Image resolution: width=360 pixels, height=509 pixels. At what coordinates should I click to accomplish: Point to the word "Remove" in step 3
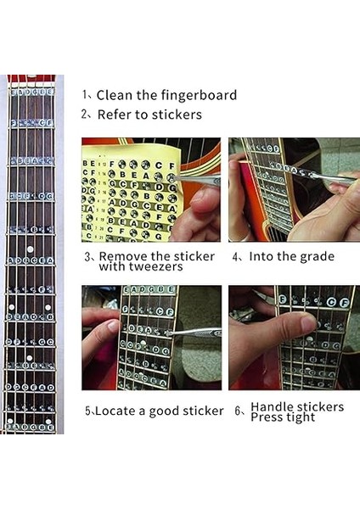(124, 256)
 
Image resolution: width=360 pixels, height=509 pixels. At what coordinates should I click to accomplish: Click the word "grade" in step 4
(312, 256)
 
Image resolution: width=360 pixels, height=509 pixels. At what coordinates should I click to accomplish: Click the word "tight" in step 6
(300, 417)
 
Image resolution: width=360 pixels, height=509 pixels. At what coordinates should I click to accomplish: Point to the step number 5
(87, 411)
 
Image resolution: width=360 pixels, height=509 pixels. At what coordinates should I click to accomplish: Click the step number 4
(235, 256)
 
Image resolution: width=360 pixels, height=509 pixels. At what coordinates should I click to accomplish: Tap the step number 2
(86, 114)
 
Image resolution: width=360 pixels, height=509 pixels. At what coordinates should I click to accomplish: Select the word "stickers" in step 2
(174, 114)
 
